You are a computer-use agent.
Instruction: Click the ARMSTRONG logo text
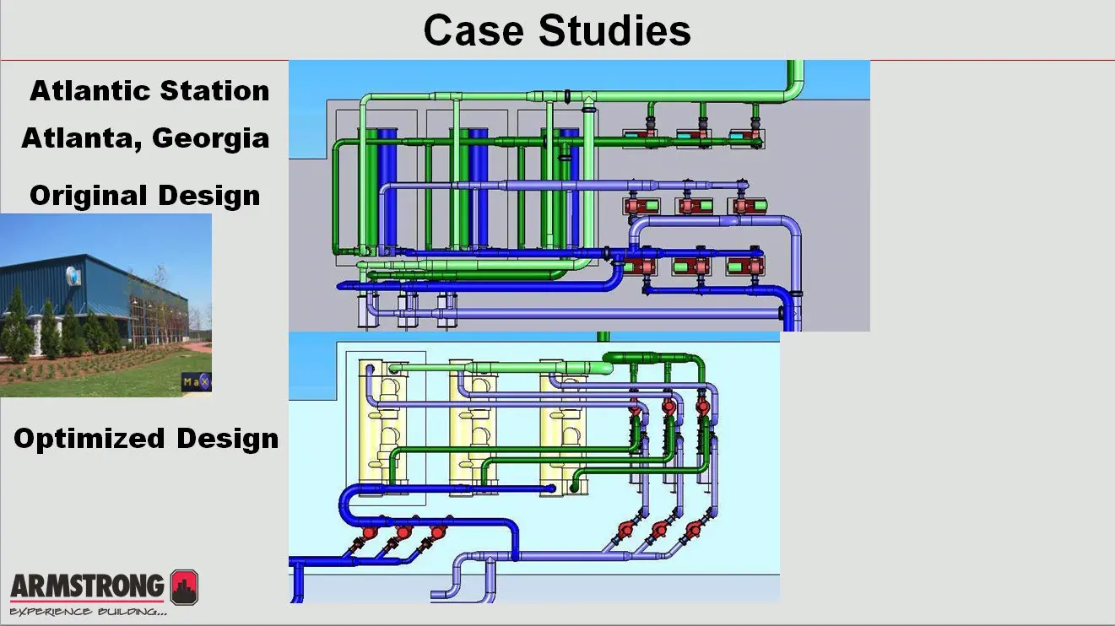tap(88, 585)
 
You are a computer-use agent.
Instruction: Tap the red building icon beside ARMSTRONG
tap(184, 586)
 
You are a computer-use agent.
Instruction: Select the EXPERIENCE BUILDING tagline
tap(88, 610)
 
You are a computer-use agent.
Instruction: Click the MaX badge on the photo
tap(196, 383)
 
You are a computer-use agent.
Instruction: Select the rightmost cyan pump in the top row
tap(744, 135)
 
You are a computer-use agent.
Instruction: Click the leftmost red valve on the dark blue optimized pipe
tap(369, 533)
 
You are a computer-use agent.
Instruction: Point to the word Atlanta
tap(74, 138)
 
